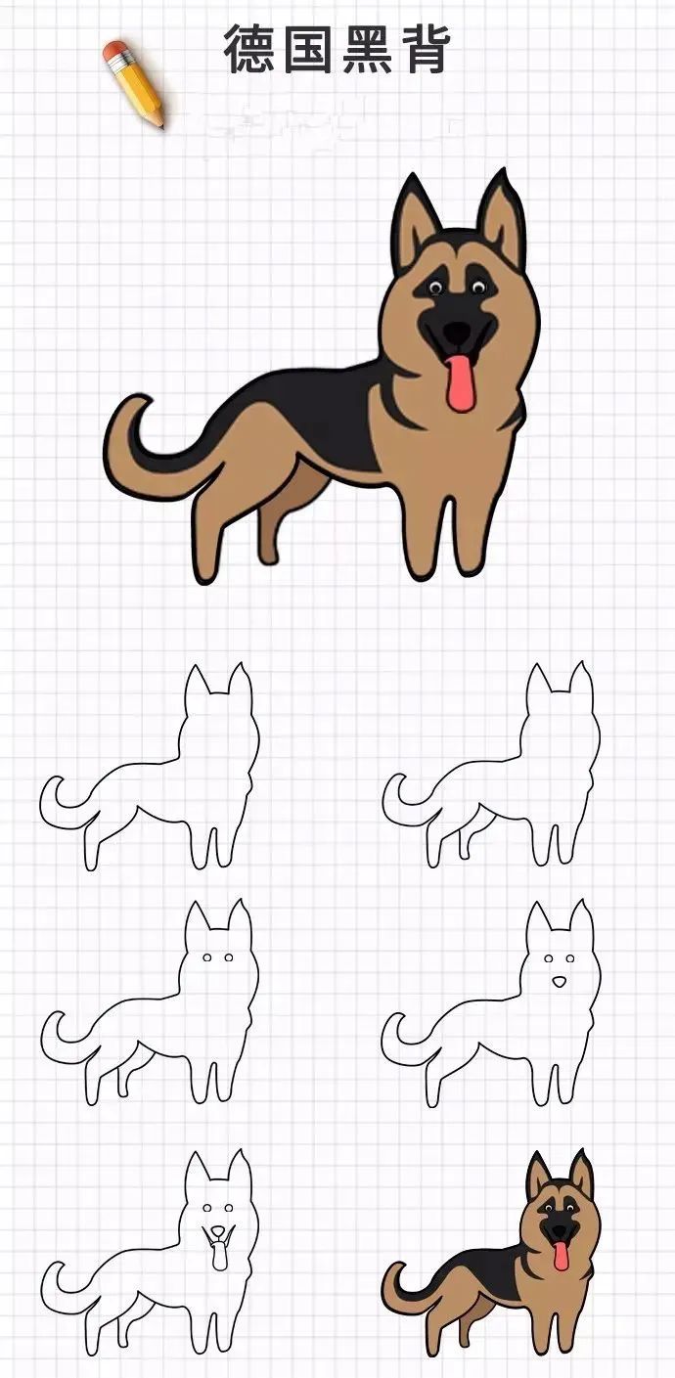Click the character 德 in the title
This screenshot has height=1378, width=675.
pyautogui.click(x=248, y=50)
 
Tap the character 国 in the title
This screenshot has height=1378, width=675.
pyautogui.click(x=307, y=50)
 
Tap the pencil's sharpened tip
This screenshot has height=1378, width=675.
pyautogui.click(x=161, y=125)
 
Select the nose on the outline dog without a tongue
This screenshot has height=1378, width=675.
pyautogui.click(x=558, y=981)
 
